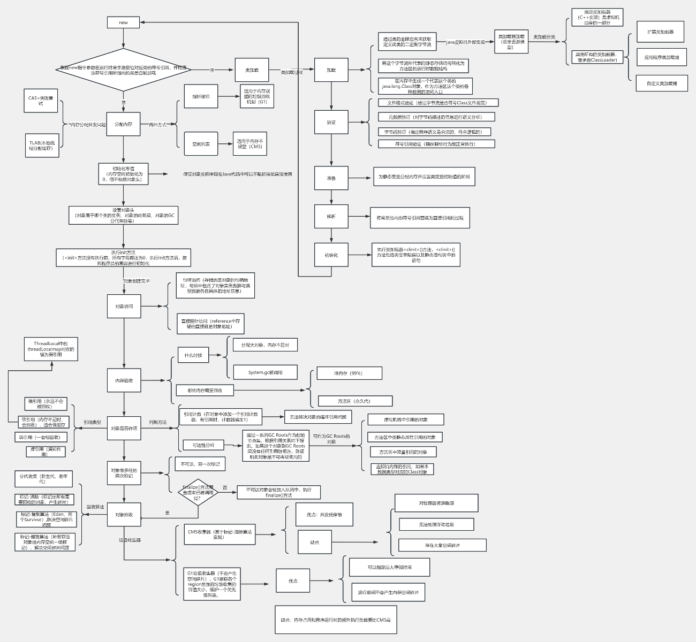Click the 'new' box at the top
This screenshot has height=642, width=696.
pyautogui.click(x=123, y=22)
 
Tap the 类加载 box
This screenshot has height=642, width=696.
pyautogui.click(x=252, y=70)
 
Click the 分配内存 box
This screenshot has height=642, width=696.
pyautogui.click(x=123, y=124)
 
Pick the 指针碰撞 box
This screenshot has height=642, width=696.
pyautogui.click(x=201, y=97)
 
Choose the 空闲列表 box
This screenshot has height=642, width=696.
pyautogui.click(x=201, y=144)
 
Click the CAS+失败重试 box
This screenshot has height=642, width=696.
pyautogui.click(x=41, y=101)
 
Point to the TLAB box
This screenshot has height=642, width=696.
pyautogui.click(x=42, y=146)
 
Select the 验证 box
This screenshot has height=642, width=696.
pyautogui.click(x=331, y=123)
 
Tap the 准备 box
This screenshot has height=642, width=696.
pyautogui.click(x=331, y=178)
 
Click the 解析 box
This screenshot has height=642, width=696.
pyautogui.click(x=331, y=217)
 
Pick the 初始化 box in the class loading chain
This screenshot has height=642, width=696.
pyautogui.click(x=331, y=255)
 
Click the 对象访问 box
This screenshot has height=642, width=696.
pyautogui.click(x=124, y=307)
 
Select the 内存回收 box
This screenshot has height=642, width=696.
pyautogui.click(x=124, y=381)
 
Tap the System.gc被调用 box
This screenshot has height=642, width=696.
pyautogui.click(x=265, y=372)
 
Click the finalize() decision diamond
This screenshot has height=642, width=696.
pyautogui.click(x=198, y=492)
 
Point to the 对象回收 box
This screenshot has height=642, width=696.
pyautogui.click(x=124, y=515)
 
